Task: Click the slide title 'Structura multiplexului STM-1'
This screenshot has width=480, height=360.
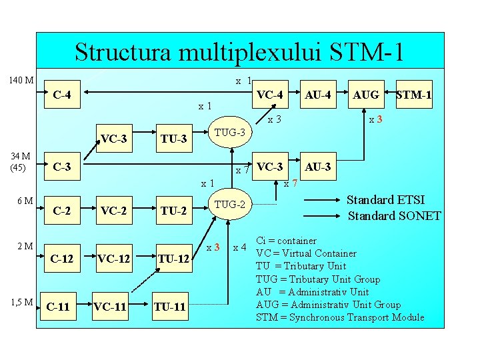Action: (x=239, y=51)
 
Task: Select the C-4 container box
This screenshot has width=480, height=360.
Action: (x=62, y=95)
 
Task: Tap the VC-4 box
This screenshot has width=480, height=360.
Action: (x=270, y=95)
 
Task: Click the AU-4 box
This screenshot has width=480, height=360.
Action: (x=317, y=95)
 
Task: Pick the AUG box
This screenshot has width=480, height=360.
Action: (x=366, y=95)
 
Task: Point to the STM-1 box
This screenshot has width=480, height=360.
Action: (x=413, y=95)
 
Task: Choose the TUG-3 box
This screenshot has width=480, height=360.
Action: (x=229, y=133)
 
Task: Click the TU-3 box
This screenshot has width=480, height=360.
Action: (x=173, y=139)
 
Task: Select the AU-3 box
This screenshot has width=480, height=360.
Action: (x=317, y=167)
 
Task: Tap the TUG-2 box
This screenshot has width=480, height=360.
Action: (x=229, y=204)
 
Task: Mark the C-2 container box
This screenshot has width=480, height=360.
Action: (x=62, y=211)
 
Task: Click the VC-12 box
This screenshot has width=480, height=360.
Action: (x=114, y=259)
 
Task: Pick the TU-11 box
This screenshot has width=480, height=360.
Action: (x=170, y=307)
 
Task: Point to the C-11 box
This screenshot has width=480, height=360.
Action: (x=58, y=307)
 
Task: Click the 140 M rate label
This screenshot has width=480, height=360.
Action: (x=21, y=81)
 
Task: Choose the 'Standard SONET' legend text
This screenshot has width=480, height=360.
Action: (x=394, y=216)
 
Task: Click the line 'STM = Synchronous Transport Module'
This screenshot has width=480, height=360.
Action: (x=340, y=317)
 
